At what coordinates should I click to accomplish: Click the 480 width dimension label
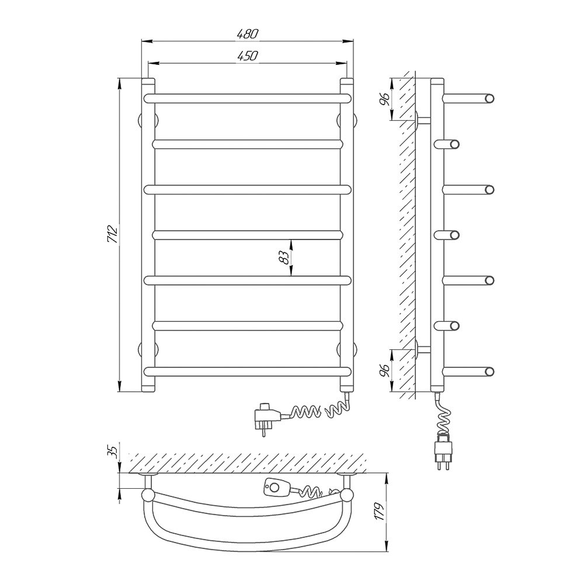point(247,34)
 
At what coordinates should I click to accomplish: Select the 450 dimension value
point(247,56)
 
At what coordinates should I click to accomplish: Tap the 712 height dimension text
point(112,235)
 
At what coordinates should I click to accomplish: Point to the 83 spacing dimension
point(284,258)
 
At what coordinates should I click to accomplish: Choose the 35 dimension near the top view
point(114,451)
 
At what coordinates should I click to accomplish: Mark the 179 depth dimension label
point(379,512)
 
